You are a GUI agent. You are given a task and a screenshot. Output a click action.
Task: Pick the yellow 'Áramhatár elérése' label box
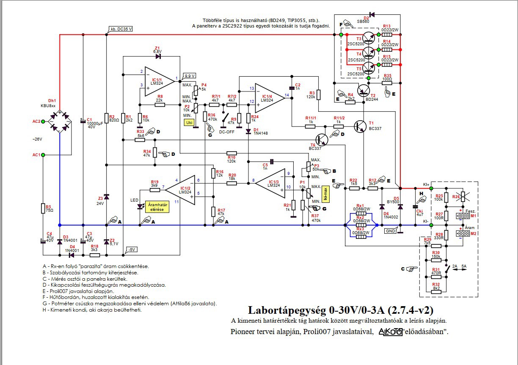[157, 206]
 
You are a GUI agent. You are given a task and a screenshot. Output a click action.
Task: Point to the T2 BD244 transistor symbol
[363, 90]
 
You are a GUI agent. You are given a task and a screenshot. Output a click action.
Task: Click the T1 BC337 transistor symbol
[361, 126]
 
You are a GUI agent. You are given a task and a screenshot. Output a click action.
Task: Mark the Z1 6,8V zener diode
[159, 56]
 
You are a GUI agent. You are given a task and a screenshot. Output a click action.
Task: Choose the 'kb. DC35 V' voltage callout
[121, 29]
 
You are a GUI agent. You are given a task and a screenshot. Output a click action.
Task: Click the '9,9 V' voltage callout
[188, 76]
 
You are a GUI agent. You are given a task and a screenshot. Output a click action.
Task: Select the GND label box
[390, 231]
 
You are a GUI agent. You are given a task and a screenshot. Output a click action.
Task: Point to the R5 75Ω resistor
[43, 208]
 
